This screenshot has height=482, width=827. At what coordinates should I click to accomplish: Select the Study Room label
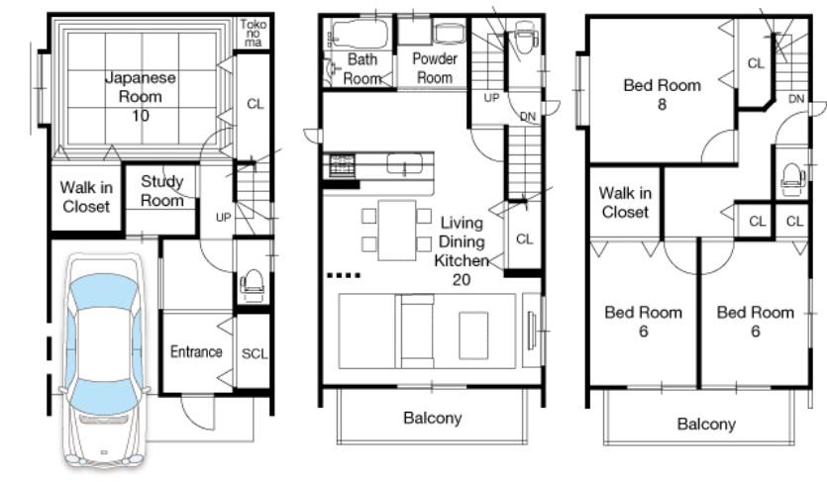pyautogui.click(x=161, y=191)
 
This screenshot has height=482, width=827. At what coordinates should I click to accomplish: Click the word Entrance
pyautogui.click(x=196, y=351)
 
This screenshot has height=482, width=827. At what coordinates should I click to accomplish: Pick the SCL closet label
pyautogui.click(x=254, y=352)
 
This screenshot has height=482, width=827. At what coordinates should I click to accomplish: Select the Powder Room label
pyautogui.click(x=434, y=68)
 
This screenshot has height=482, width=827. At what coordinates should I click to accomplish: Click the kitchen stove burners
pyautogui.click(x=341, y=164)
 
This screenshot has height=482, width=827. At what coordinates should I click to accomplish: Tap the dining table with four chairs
pyautogui.click(x=396, y=229)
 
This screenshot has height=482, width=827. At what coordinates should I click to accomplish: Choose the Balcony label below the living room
pyautogui.click(x=432, y=418)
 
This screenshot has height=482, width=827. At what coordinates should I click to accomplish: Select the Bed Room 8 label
pyautogui.click(x=662, y=94)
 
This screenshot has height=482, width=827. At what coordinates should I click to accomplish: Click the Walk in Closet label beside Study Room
pyautogui.click(x=86, y=197)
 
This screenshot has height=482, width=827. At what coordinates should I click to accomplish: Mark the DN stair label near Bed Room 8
pyautogui.click(x=796, y=99)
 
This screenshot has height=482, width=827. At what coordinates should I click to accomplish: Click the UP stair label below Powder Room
pyautogui.click(x=491, y=97)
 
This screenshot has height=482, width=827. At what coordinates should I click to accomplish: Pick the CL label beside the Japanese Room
pyautogui.click(x=255, y=104)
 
